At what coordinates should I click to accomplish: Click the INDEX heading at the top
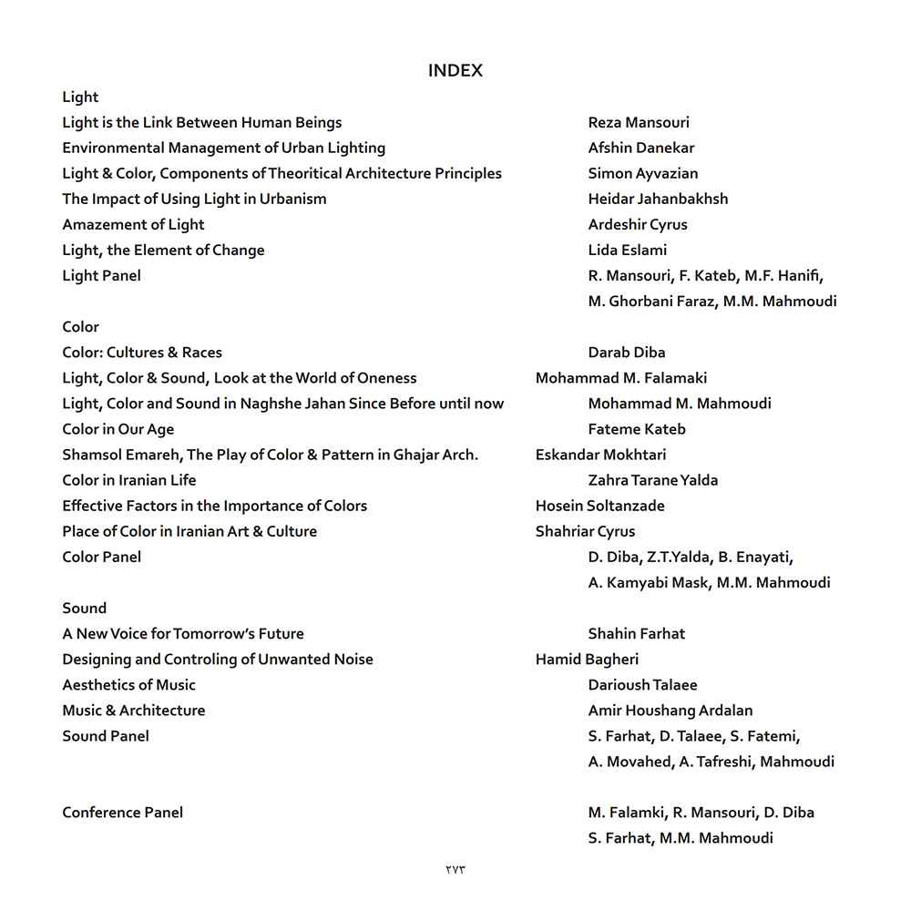click(455, 71)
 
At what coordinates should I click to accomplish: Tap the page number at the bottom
click(455, 869)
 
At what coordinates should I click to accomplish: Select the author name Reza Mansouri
click(639, 122)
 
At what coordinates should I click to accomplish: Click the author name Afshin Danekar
click(641, 148)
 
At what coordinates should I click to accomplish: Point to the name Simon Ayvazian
click(643, 173)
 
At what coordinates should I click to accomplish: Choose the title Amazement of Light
click(133, 224)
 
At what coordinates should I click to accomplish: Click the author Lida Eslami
click(628, 250)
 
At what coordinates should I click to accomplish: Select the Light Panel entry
click(101, 275)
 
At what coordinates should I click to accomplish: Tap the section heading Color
click(80, 326)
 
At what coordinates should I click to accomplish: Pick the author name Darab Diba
click(627, 353)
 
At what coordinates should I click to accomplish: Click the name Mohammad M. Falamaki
click(621, 378)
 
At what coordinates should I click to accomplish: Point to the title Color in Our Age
click(118, 429)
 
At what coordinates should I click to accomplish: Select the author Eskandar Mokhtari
click(600, 455)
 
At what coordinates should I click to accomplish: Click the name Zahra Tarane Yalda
click(653, 480)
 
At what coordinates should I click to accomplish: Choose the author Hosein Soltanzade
click(600, 506)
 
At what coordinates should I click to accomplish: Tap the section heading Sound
click(84, 608)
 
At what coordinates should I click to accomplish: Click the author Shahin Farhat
click(637, 633)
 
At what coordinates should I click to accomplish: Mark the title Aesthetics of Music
click(128, 684)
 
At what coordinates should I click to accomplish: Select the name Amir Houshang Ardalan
click(670, 710)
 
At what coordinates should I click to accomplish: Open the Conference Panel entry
click(122, 812)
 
